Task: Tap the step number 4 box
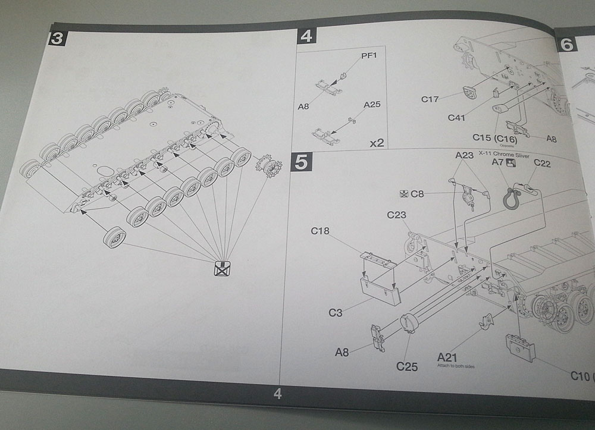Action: (x=306, y=36)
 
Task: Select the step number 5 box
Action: (x=301, y=162)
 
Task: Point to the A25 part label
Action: (x=372, y=105)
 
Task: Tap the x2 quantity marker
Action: (x=376, y=143)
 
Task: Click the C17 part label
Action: (x=430, y=99)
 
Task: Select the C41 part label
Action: (x=456, y=118)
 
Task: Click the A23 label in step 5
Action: (x=464, y=155)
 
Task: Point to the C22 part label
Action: (x=541, y=163)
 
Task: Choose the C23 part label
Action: (x=396, y=215)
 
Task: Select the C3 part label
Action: (x=336, y=312)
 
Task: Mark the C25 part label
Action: (x=407, y=366)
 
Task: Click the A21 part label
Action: (x=447, y=357)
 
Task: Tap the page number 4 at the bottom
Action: (x=277, y=393)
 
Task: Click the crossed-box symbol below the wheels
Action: (x=221, y=269)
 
